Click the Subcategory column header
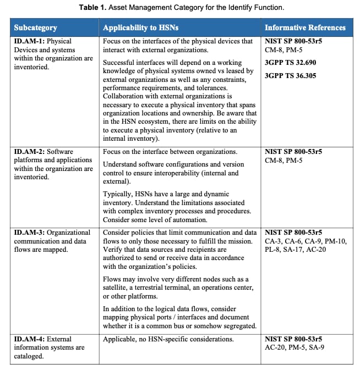tap(35, 27)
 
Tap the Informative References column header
tap(305, 27)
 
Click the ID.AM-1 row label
tap(30, 41)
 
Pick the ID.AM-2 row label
tap(30, 152)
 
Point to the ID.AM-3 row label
tap(30, 233)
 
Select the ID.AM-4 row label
tap(30, 339)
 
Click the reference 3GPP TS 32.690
tap(290, 62)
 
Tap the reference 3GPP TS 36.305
tap(290, 75)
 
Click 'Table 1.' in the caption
tap(92, 7)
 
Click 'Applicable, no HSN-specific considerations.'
tap(168, 339)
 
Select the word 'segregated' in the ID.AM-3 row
tap(238, 326)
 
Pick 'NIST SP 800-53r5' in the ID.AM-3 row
tap(293, 233)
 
